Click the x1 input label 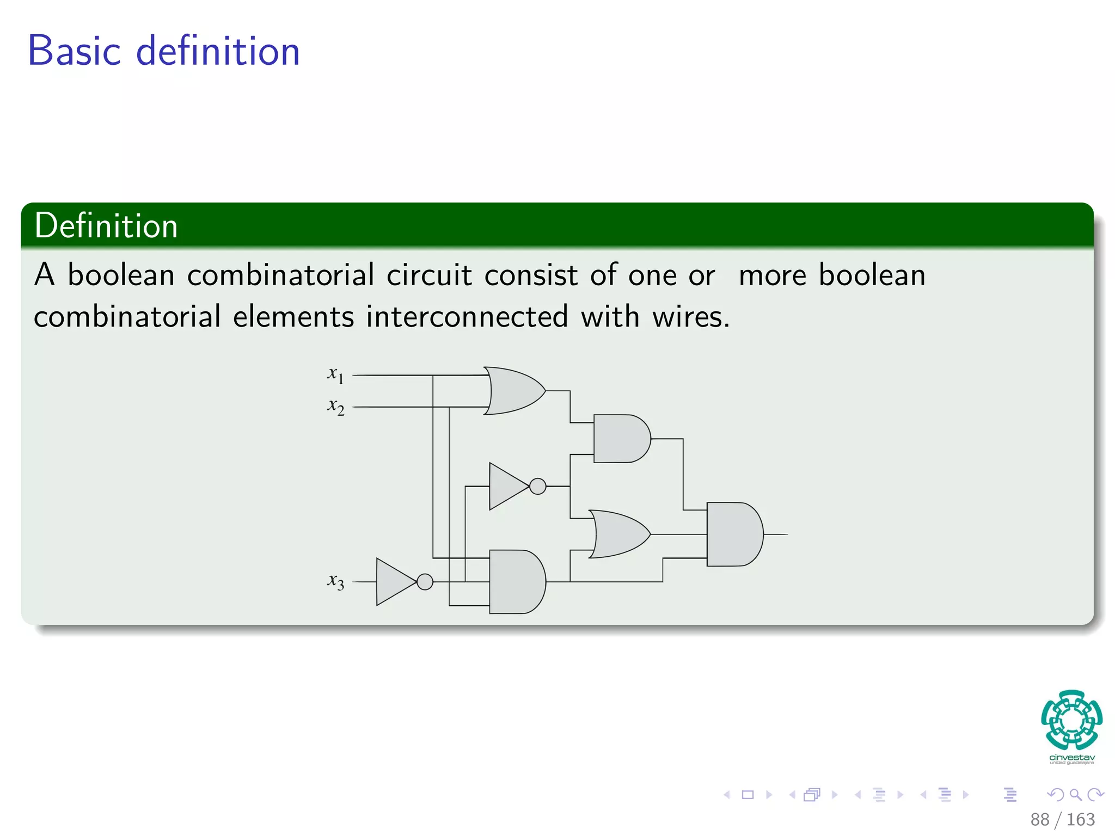coord(335,375)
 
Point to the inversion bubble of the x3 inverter coord(425,582)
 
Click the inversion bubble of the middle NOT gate coord(537,486)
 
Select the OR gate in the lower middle coord(618,534)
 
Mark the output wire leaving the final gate coord(776,534)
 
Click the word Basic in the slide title coord(74,51)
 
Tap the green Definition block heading coord(106,226)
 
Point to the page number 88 coord(1039,819)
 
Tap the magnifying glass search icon coord(1075,795)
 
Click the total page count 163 coord(1080,819)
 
